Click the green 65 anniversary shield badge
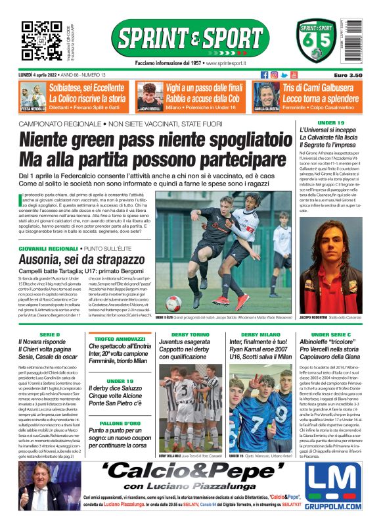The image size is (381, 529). [317, 41]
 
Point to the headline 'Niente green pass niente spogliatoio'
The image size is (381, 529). [152, 140]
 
